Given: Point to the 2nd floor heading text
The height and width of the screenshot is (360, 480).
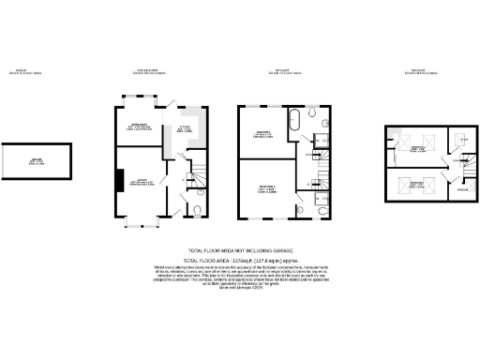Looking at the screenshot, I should coord(409,71).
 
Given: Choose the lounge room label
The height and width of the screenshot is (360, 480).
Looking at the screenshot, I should coord(140,181).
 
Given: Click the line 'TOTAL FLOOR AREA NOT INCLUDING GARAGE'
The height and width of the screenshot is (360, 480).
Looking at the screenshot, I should coord(240,250).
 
